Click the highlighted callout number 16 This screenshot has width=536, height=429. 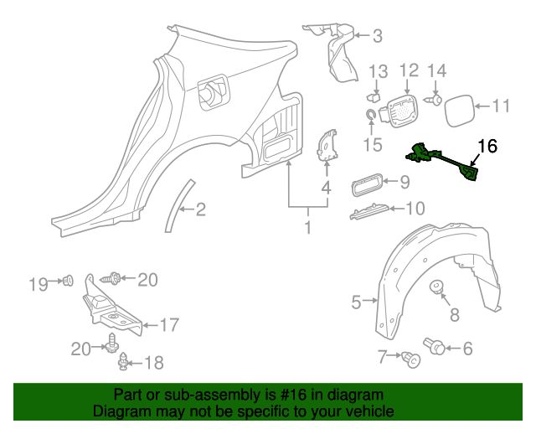pyautogui.click(x=487, y=147)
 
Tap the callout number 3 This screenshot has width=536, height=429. pyautogui.click(x=376, y=35)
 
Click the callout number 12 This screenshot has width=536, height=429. pyautogui.click(x=408, y=70)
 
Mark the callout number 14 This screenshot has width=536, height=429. pyautogui.click(x=437, y=70)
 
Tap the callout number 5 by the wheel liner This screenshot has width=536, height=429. pyautogui.click(x=357, y=302)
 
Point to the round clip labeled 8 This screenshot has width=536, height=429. pyautogui.click(x=436, y=289)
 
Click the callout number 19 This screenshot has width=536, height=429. pyautogui.click(x=38, y=284)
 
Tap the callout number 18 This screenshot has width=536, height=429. pyautogui.click(x=155, y=363)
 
